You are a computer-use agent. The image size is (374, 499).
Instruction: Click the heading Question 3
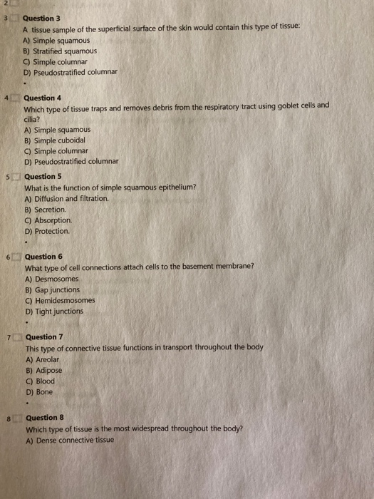43,20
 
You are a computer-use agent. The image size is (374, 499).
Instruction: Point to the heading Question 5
43,176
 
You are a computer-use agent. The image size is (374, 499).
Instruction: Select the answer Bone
42,392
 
